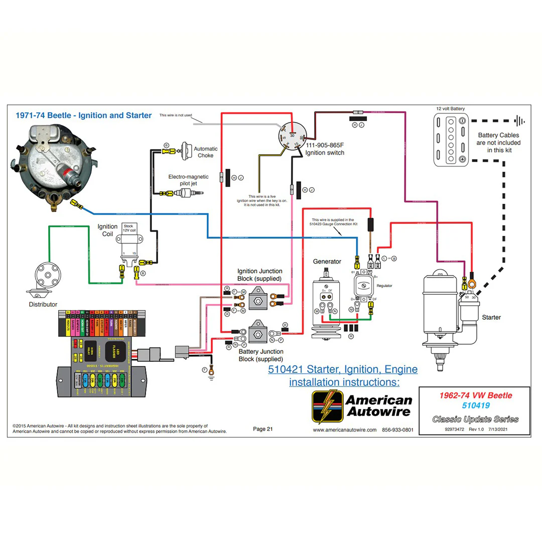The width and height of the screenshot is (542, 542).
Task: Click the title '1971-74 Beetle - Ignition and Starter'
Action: click(x=83, y=115)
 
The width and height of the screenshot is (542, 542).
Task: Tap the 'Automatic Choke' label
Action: click(x=206, y=152)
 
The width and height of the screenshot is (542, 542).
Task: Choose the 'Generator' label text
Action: click(x=327, y=261)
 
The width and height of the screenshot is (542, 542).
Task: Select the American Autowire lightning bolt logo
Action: click(x=327, y=406)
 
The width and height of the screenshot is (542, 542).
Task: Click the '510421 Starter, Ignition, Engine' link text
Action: click(x=342, y=370)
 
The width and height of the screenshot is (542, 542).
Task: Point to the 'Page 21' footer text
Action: click(x=263, y=429)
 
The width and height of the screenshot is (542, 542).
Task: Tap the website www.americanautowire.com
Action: click(x=344, y=430)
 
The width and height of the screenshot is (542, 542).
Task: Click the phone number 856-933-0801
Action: click(x=397, y=430)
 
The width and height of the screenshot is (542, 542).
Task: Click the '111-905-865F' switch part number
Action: click(x=325, y=145)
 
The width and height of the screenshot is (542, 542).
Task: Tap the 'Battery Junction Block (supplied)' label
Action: click(x=260, y=355)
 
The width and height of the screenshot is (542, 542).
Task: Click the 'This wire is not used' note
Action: click(x=176, y=115)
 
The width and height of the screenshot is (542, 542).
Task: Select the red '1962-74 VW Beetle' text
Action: click(x=475, y=395)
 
